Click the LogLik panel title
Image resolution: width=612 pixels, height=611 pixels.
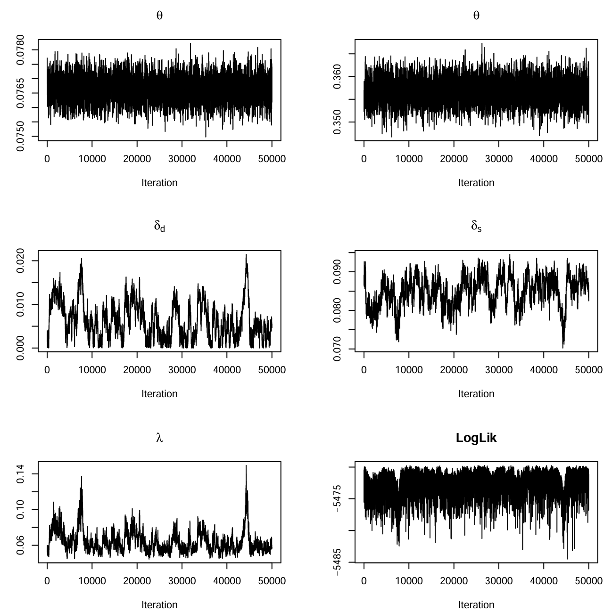pyautogui.click(x=476, y=438)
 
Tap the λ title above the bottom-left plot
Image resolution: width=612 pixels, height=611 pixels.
pyautogui.click(x=159, y=438)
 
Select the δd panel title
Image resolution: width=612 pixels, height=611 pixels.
pyautogui.click(x=159, y=226)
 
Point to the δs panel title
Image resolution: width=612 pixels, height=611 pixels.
pyautogui.click(x=476, y=226)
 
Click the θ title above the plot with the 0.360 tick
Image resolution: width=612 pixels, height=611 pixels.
pyautogui.click(x=476, y=15)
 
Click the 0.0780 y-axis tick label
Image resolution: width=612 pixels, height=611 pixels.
pyautogui.click(x=20, y=50)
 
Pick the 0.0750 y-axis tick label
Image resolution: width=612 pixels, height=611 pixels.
pyautogui.click(x=20, y=137)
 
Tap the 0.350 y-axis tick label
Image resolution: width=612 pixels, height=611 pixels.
pyautogui.click(x=337, y=122)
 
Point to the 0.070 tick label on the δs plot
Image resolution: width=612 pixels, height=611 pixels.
pyautogui.click(x=337, y=349)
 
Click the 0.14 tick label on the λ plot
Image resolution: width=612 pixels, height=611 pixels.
pyautogui.click(x=20, y=474)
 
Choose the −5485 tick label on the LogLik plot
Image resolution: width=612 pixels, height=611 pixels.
pyautogui.click(x=337, y=562)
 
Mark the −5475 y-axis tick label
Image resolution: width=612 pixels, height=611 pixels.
pyautogui.click(x=337, y=498)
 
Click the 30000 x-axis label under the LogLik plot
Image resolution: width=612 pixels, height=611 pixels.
pyautogui.click(x=499, y=580)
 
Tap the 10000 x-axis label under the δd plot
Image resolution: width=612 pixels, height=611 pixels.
pyautogui.click(x=92, y=369)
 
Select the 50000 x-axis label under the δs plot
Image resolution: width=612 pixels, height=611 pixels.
pyautogui.click(x=588, y=369)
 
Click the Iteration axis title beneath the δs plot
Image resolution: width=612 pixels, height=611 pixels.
pyautogui.click(x=476, y=393)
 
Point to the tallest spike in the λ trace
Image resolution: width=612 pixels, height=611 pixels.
pyautogui.click(x=246, y=465)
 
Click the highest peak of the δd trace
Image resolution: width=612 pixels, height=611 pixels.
pyautogui.click(x=246, y=254)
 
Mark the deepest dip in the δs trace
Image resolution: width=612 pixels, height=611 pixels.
pyautogui.click(x=563, y=348)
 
